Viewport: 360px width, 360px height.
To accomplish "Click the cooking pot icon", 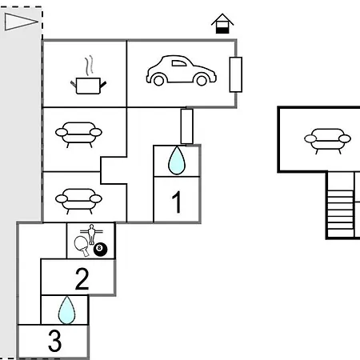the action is pyautogui.click(x=88, y=86).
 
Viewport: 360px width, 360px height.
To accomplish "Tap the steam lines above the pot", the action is pyautogui.click(x=90, y=65).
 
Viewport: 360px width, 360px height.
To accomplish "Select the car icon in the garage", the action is pyautogui.click(x=182, y=70).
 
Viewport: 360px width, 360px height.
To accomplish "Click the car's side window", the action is pyautogui.click(x=179, y=63).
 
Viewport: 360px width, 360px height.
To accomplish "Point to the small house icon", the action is pyautogui.click(x=222, y=23).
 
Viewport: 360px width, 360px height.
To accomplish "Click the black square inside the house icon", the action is pyautogui.click(x=222, y=30).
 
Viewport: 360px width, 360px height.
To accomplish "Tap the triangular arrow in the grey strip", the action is pyautogui.click(x=21, y=22).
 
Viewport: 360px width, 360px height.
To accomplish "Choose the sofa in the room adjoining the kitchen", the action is pyautogui.click(x=78, y=134).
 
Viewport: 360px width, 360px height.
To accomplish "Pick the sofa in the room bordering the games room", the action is pyautogui.click(x=78, y=202).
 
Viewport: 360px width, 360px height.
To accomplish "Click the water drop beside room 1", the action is pyautogui.click(x=177, y=161).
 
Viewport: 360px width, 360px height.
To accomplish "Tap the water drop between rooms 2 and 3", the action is pyautogui.click(x=66, y=310).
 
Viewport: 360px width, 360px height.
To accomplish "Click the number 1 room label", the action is pyautogui.click(x=177, y=202).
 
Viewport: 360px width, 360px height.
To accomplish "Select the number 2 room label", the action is pyautogui.click(x=82, y=278).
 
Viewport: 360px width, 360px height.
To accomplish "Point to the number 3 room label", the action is pyautogui.click(x=54, y=341).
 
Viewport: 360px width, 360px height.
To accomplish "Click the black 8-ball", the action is pyautogui.click(x=100, y=250).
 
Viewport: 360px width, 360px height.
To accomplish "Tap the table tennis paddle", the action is pyautogui.click(x=82, y=246).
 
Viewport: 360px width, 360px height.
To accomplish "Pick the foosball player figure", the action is pyautogui.click(x=91, y=234).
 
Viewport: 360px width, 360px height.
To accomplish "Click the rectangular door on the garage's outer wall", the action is pyautogui.click(x=236, y=74).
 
